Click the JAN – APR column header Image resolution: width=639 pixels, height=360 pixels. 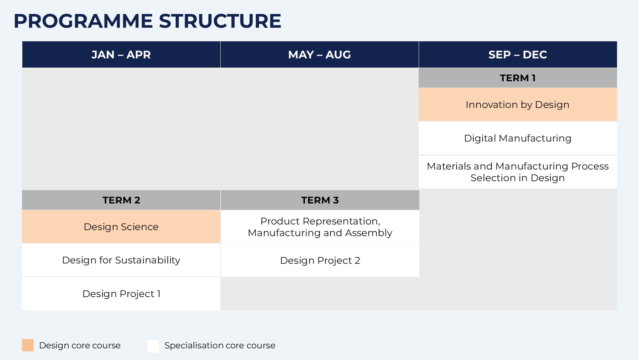tap(121, 55)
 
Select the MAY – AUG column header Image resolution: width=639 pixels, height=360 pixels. tap(319, 55)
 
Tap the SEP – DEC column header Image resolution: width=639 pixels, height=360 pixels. tap(518, 55)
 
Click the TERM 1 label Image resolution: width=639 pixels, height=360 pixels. tap(518, 78)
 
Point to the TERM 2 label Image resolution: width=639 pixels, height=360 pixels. tap(121, 200)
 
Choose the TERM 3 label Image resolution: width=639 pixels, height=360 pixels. tap(320, 200)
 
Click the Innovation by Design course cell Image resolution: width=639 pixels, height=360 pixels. tap(518, 105)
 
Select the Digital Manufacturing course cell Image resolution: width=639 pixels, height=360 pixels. tap(518, 138)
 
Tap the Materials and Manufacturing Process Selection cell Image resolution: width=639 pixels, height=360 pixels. tap(518, 172)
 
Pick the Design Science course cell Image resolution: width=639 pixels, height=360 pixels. tap(121, 227)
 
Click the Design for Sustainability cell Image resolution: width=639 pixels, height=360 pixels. tap(121, 260)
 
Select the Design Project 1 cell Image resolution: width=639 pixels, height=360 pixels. tap(121, 294)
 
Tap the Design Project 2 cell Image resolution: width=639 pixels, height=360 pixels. tap(320, 260)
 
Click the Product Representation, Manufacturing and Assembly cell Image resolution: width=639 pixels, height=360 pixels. tap(320, 227)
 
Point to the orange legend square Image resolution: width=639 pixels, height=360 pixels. tap(28, 345)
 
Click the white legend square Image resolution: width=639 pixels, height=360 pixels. tap(153, 346)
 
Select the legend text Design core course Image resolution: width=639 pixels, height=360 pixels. tap(80, 346)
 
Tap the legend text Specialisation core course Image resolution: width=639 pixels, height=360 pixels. tap(220, 346)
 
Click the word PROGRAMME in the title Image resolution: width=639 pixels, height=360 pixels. tap(83, 21)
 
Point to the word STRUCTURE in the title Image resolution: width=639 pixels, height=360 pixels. tap(220, 21)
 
